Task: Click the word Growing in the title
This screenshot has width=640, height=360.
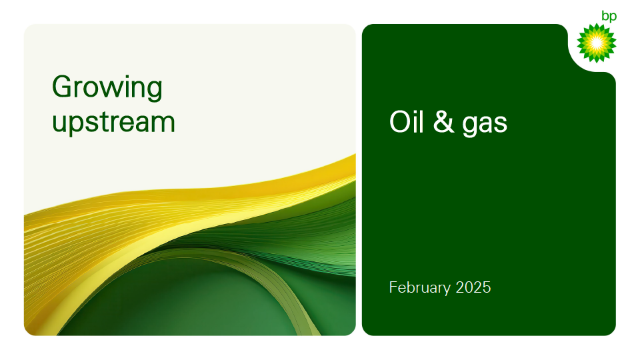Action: [107, 88]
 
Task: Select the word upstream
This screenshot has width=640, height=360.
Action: [113, 123]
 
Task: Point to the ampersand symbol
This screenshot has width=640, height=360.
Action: [443, 121]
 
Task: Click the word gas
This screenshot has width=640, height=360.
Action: [485, 125]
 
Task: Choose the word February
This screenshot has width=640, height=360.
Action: [420, 288]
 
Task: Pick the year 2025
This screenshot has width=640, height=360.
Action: [473, 287]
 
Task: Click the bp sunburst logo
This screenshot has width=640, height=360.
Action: [596, 43]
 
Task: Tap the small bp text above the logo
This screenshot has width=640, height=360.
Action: [609, 17]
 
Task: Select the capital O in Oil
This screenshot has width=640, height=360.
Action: [401, 121]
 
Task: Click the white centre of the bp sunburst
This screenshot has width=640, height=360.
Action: [596, 43]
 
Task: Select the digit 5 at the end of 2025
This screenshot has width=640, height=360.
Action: [487, 288]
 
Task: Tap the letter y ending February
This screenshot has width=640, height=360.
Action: [447, 290]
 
